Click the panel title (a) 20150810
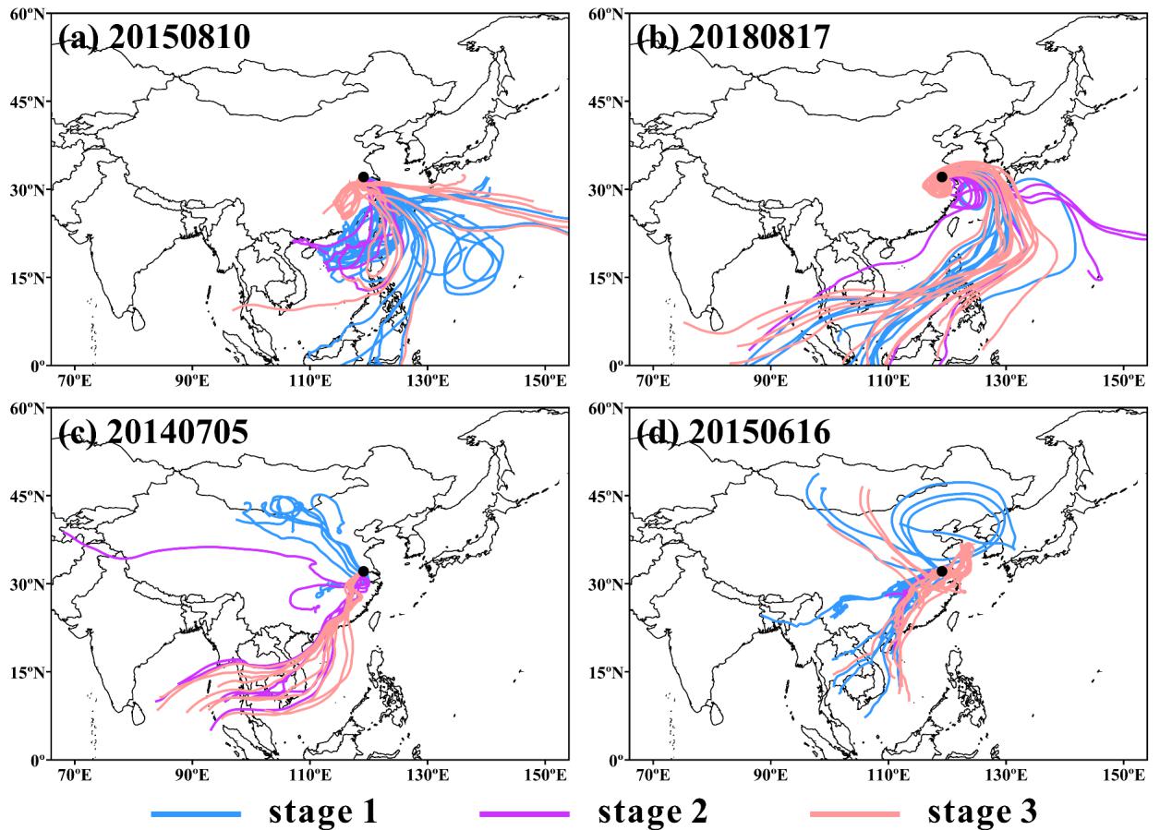click(x=153, y=37)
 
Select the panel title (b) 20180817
click(x=733, y=37)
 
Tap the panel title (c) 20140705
click(x=153, y=432)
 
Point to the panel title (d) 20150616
click(x=733, y=432)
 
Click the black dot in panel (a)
click(x=363, y=176)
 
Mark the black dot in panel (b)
click(x=942, y=176)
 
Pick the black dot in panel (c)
click(x=363, y=571)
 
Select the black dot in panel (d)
click(x=942, y=571)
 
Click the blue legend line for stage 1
click(x=196, y=813)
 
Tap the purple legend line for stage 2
click(x=525, y=813)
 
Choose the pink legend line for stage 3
click(x=853, y=813)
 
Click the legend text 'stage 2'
click(x=653, y=812)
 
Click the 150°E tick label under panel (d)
click(x=1122, y=774)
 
